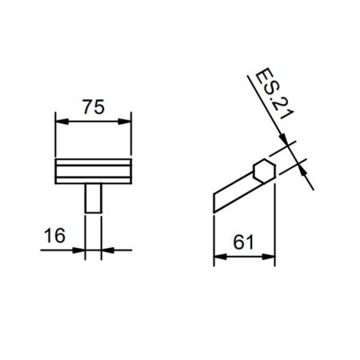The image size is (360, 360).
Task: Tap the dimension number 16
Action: (x=54, y=235)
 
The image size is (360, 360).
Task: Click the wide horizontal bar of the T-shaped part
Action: (x=93, y=170)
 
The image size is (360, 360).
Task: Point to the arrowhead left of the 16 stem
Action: (x=81, y=250)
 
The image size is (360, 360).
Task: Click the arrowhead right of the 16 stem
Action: (x=106, y=250)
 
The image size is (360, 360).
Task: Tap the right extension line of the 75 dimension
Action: (x=132, y=136)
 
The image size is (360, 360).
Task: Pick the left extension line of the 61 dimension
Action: (x=214, y=236)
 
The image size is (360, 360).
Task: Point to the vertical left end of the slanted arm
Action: (x=214, y=204)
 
